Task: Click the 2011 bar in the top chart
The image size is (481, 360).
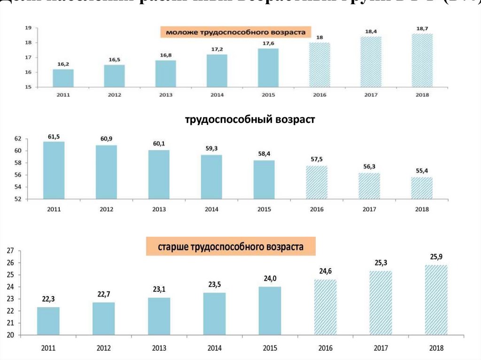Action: [x=63, y=78]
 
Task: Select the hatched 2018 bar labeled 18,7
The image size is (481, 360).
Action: [x=422, y=60]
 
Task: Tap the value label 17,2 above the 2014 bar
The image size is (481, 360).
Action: [x=217, y=49]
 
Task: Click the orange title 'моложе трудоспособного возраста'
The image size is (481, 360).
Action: [x=233, y=32]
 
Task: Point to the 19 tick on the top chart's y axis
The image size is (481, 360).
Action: [x=28, y=28]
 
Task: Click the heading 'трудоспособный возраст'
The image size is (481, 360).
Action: [x=249, y=120]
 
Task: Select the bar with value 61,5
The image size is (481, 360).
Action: [x=54, y=170]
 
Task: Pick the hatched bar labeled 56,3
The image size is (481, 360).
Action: [x=369, y=186]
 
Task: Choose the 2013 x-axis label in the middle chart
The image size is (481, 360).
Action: [x=159, y=209]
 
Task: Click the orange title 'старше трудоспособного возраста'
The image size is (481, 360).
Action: [x=231, y=246]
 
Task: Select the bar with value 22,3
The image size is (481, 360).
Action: [x=48, y=321]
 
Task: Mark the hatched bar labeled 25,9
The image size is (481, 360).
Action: [x=436, y=300]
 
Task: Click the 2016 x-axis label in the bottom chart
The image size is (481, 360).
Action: [x=325, y=348]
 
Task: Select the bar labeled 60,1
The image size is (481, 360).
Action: [x=159, y=174]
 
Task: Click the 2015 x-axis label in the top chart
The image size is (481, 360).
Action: [x=268, y=95]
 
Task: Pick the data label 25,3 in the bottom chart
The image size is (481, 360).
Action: [x=381, y=262]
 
